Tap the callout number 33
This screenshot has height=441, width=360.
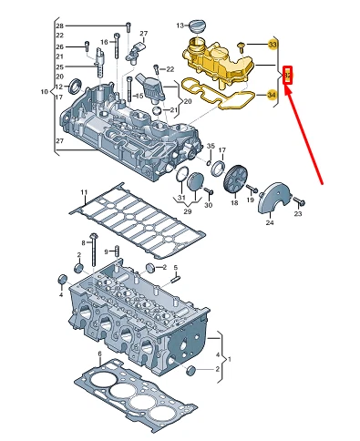(x=273, y=44)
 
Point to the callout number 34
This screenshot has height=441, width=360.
(x=273, y=95)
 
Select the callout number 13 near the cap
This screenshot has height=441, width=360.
(x=181, y=24)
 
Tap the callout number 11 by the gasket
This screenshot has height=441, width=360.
(x=83, y=193)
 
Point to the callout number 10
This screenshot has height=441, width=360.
(x=45, y=91)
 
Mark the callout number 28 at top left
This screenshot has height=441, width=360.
(x=85, y=24)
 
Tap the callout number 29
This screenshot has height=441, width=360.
(x=189, y=211)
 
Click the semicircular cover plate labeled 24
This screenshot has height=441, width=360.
(x=275, y=205)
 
